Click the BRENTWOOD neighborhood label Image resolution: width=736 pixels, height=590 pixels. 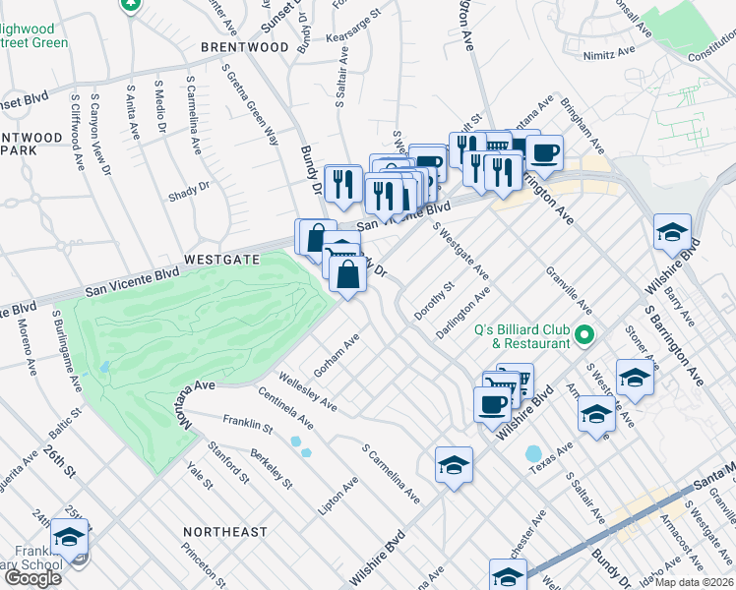coord(244,47)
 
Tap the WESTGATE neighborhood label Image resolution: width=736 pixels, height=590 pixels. coord(221,260)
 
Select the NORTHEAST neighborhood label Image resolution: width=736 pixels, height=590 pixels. coord(224,532)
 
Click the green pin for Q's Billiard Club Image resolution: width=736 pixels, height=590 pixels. coord(584,336)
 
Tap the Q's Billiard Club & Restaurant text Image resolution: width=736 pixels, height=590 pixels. coord(521,336)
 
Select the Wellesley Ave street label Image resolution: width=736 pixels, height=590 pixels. coord(308,390)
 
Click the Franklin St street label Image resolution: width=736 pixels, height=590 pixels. coord(247,423)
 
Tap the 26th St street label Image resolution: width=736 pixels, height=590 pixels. coord(60,461)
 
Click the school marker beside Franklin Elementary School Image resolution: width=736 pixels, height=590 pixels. coord(69,537)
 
